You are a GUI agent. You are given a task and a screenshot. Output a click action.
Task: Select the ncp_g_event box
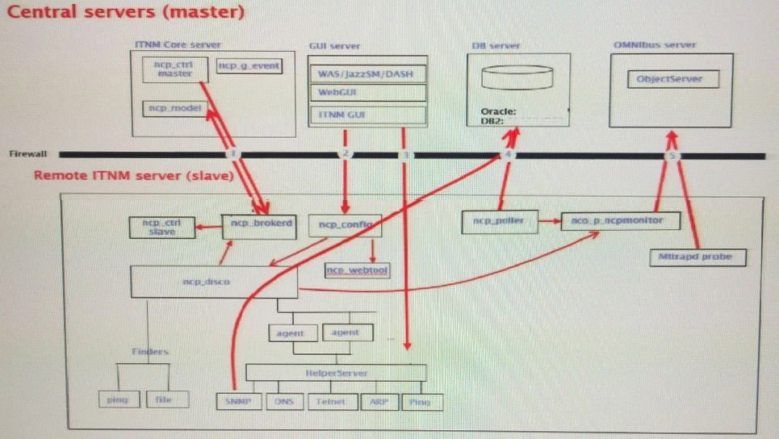[249, 65]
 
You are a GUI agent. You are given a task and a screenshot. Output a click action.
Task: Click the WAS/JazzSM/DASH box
[368, 73]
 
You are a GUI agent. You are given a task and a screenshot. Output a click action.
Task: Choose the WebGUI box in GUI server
[368, 93]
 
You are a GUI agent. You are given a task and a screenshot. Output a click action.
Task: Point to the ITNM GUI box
[368, 115]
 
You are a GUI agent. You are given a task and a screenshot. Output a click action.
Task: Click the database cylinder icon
[517, 78]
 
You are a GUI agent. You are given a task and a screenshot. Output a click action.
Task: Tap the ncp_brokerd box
[258, 224]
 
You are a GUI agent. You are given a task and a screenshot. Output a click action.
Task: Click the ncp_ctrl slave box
[162, 227]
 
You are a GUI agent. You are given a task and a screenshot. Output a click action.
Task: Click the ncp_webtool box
[358, 270]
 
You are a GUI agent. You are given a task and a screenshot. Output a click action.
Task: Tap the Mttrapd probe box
[697, 257]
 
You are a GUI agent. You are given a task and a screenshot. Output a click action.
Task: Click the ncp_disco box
[214, 282]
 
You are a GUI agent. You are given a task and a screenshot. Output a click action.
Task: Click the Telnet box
[332, 401]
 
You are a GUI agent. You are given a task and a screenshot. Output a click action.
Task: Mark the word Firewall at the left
[28, 153]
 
